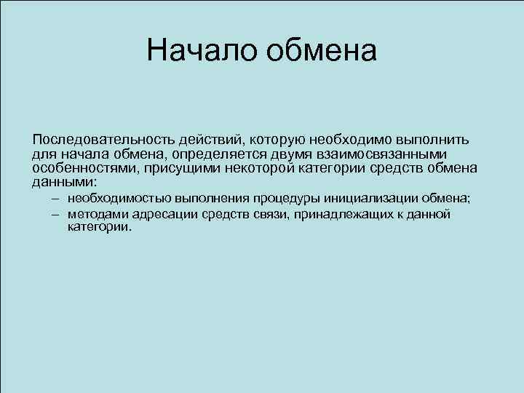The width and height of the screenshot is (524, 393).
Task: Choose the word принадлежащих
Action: (x=342, y=214)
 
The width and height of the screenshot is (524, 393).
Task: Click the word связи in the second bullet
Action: (x=270, y=214)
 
